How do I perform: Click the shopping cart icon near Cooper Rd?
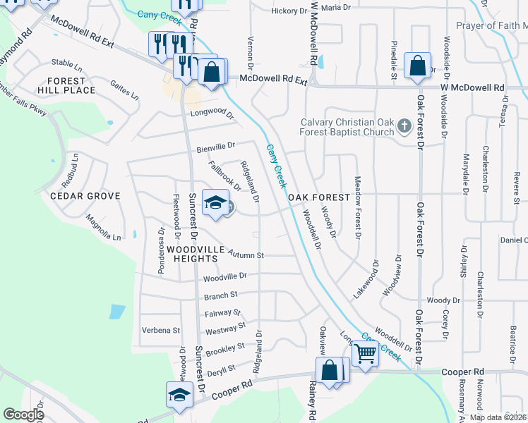click(365, 352)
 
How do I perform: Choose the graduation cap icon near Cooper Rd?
click(179, 394)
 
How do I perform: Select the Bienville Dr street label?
click(215, 147)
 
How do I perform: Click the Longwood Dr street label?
click(210, 113)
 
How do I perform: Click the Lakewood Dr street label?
click(366, 278)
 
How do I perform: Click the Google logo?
click(23, 415)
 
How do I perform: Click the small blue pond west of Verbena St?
click(117, 311)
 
